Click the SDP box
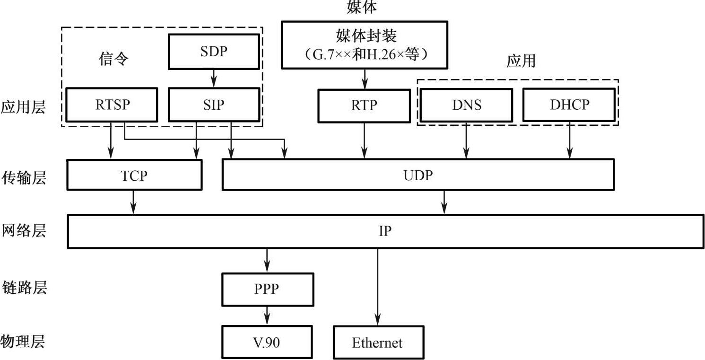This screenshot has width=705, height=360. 214,52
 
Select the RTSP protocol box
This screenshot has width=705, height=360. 112,104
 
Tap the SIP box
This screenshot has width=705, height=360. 214,104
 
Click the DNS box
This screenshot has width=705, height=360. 466,104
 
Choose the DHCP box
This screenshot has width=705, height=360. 569,104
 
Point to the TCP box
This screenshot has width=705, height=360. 134,175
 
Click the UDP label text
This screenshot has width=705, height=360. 418,175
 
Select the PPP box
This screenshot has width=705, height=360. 267,289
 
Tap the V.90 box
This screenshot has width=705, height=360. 267,342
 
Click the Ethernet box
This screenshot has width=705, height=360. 377,342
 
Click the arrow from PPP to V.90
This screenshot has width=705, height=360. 267,315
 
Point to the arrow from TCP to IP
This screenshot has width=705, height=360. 134,202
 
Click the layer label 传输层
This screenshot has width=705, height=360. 24,178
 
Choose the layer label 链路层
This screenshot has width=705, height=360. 24,288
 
